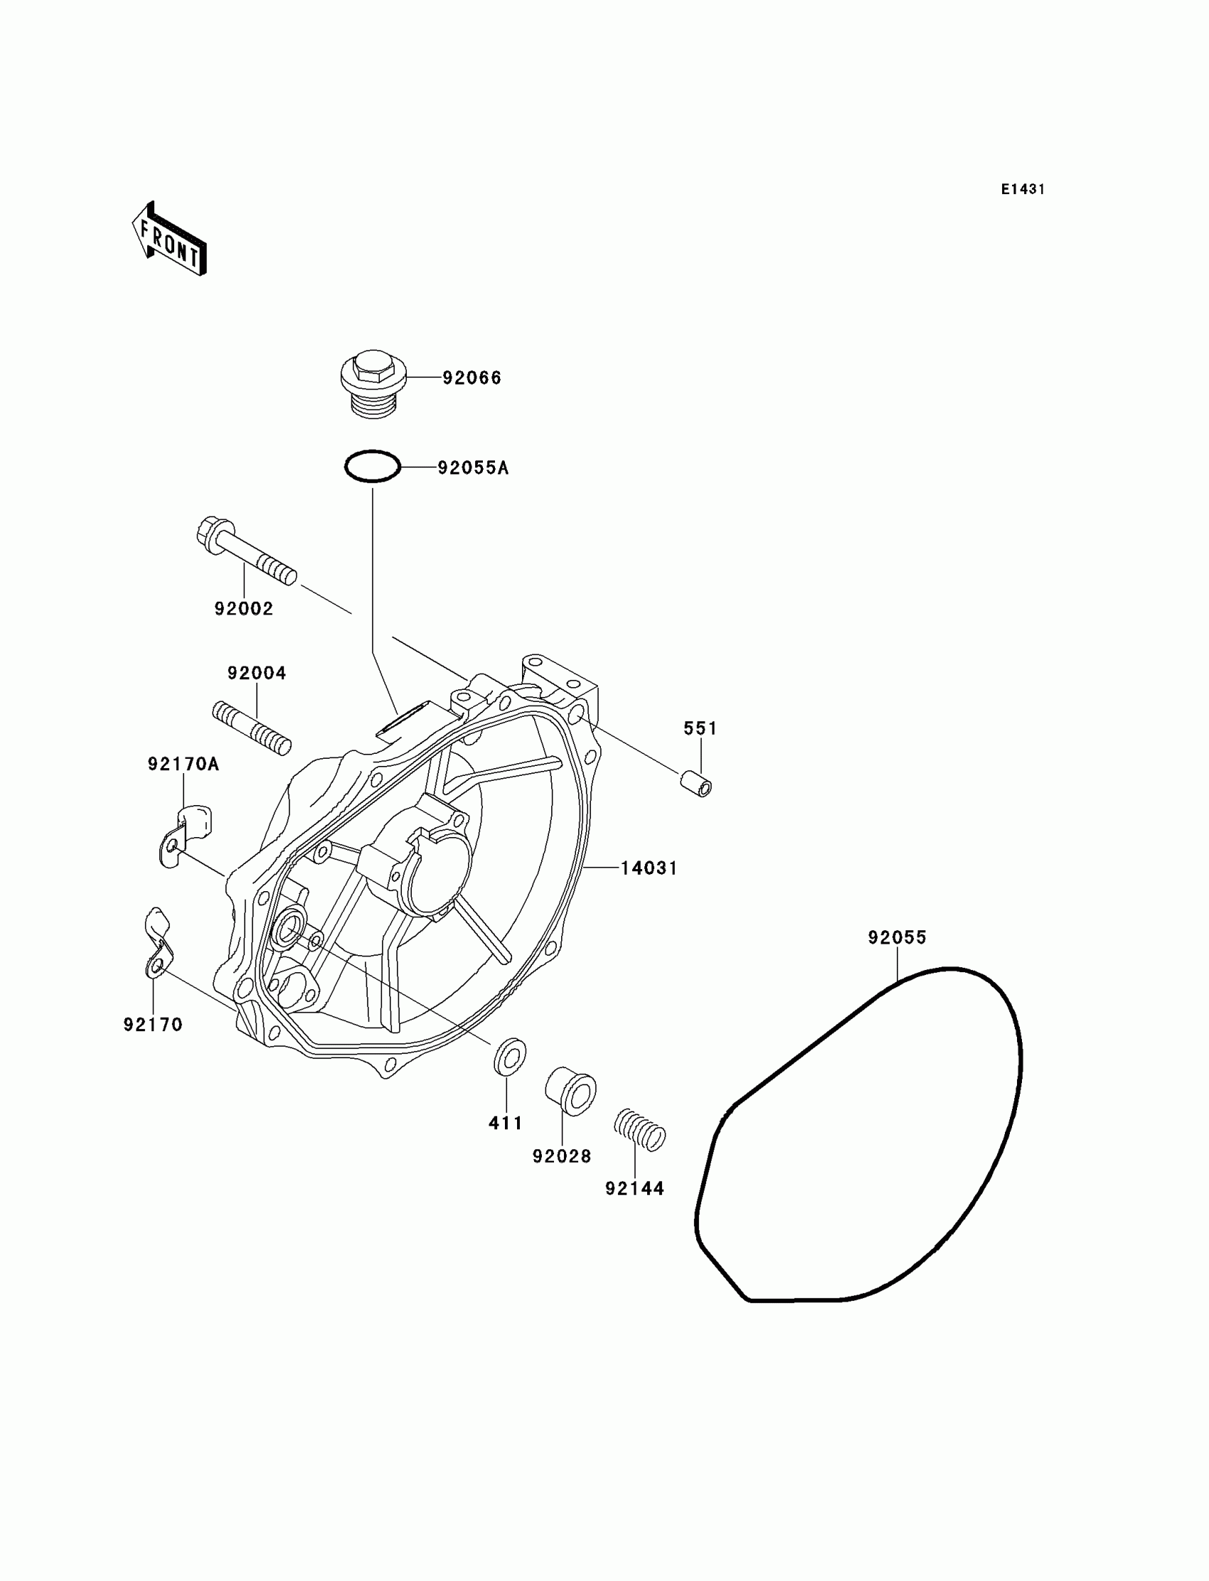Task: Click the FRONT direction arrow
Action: (x=169, y=240)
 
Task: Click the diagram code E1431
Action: (x=1023, y=189)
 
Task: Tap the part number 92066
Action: (x=472, y=378)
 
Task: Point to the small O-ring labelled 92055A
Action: (x=372, y=467)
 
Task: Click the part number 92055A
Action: (x=473, y=468)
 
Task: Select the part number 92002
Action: (x=244, y=609)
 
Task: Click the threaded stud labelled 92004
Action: (x=252, y=728)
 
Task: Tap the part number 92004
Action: (x=257, y=673)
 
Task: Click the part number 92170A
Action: (x=183, y=764)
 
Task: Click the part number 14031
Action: (x=649, y=868)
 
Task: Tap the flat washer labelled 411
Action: (x=508, y=1056)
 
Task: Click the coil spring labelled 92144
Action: (x=639, y=1130)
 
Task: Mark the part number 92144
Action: (x=634, y=1189)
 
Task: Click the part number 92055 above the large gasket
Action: (x=897, y=937)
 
